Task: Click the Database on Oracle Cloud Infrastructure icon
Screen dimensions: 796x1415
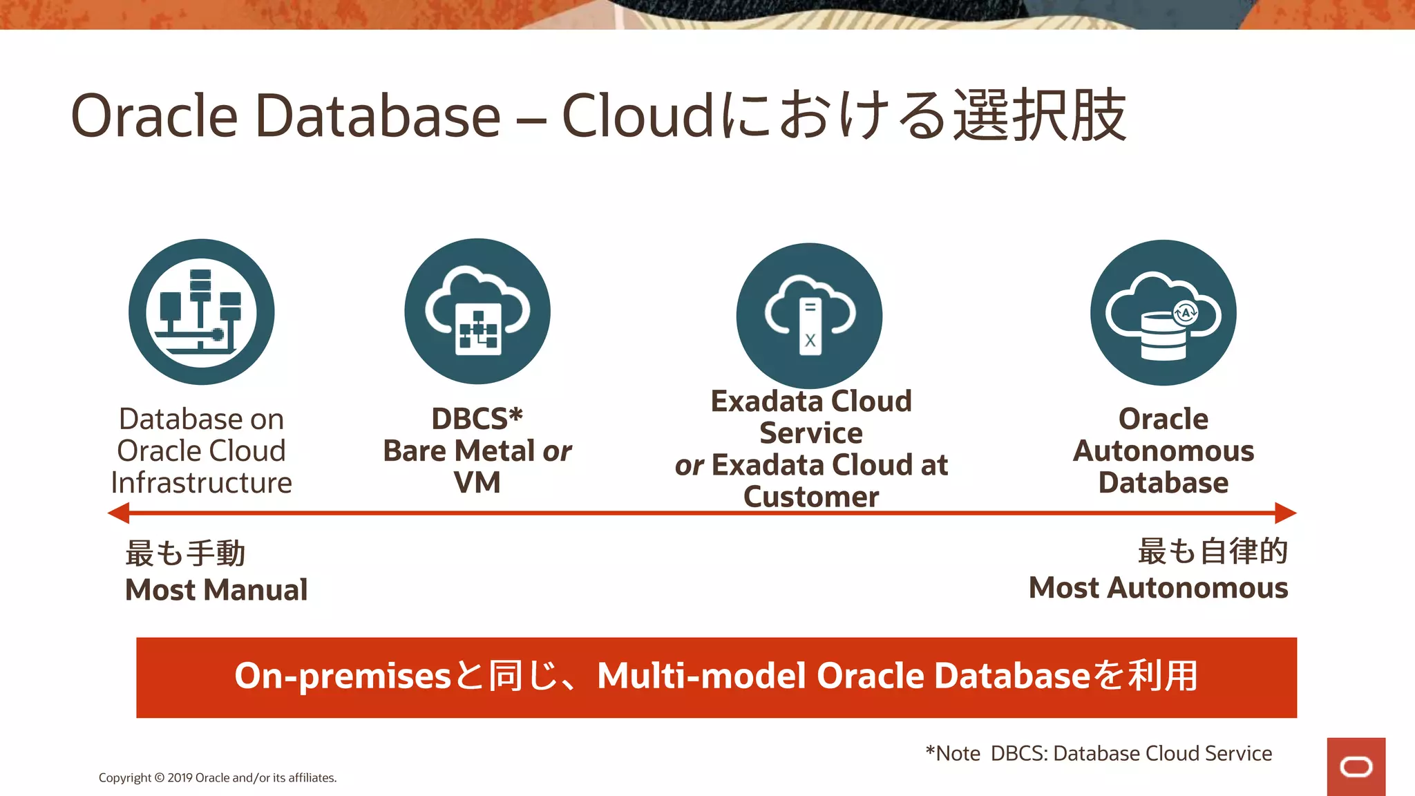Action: [x=201, y=312]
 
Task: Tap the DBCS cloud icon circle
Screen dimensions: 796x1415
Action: [x=477, y=311]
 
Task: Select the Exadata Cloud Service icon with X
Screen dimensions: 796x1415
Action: [x=809, y=316]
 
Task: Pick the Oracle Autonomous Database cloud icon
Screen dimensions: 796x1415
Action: [x=1163, y=312]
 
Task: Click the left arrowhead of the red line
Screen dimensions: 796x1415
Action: [x=119, y=513]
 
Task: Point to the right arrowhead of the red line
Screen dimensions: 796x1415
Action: [x=1286, y=513]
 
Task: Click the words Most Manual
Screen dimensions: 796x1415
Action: [x=216, y=589]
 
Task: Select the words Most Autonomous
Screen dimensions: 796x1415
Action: [x=1158, y=587]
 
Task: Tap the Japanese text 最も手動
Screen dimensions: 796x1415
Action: [x=185, y=553]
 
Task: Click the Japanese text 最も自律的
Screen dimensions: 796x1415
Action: [x=1213, y=551]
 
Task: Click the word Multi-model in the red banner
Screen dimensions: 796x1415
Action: [x=701, y=676]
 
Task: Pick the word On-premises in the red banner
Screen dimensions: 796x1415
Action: [x=343, y=676]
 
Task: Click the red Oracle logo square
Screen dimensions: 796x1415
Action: [x=1356, y=766]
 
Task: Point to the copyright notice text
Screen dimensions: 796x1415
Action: [x=218, y=777]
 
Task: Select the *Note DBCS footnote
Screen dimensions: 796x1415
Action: [x=1099, y=753]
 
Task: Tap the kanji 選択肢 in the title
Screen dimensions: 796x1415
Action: [x=1040, y=115]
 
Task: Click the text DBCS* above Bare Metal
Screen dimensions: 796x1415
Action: [x=477, y=419]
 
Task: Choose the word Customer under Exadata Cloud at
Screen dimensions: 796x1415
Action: [x=811, y=497]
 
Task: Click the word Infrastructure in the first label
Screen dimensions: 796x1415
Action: [x=201, y=482]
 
